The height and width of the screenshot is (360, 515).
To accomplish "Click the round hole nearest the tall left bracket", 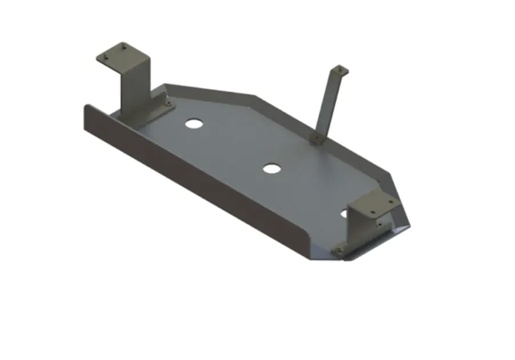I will tap(193, 124).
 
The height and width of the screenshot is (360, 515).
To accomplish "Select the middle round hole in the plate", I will tap(271, 168).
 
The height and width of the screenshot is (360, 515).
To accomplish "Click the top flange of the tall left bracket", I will tap(120, 54).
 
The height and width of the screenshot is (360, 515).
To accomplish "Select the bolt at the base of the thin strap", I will tap(315, 138).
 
